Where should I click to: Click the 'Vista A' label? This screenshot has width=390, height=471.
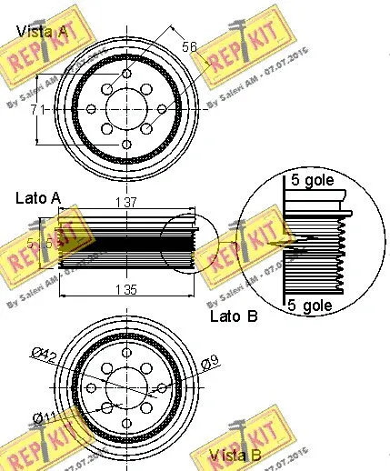(42, 32)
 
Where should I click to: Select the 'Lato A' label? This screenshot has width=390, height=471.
(38, 197)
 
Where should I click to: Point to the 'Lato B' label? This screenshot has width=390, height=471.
(234, 316)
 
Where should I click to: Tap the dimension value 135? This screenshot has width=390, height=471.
(126, 290)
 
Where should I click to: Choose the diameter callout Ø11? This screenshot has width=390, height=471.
(42, 417)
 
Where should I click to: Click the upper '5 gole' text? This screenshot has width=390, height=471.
(312, 180)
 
